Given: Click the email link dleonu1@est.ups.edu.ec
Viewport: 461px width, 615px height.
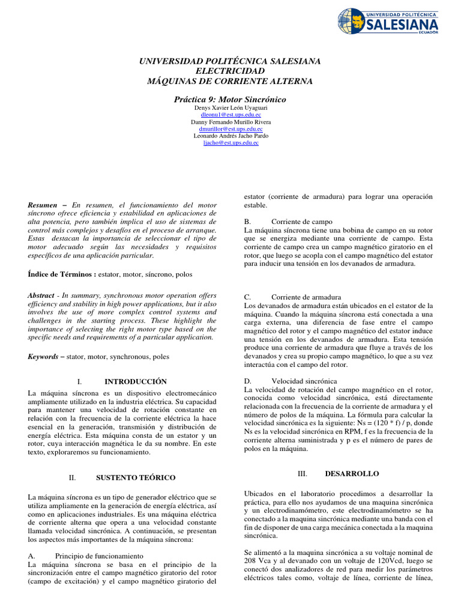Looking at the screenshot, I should [230, 114].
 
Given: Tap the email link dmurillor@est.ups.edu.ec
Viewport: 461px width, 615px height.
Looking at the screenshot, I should [230, 129].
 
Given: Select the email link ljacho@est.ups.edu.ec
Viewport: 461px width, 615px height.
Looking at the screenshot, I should [230, 143].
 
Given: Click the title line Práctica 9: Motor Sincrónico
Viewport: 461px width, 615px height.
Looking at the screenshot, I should [230, 99].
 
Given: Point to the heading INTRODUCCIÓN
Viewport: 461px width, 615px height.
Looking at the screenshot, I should [136, 381].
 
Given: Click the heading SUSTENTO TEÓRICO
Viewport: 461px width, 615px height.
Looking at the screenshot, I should [136, 477].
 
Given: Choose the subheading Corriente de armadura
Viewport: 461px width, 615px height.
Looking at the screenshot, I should [306, 297].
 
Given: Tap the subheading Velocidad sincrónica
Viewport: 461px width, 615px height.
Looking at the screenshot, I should [304, 381].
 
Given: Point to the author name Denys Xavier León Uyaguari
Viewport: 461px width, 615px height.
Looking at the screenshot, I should [230, 108].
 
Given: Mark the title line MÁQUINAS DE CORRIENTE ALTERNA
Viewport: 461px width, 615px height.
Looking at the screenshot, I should [230, 81].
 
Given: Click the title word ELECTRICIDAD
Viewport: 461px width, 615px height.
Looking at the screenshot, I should [230, 71].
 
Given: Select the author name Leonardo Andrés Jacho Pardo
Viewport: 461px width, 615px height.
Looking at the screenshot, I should [230, 136].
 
